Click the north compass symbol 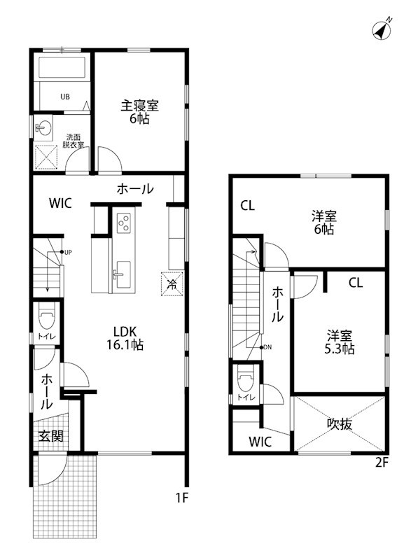381,31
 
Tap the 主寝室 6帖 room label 139,112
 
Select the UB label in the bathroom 64,97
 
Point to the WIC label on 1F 61,204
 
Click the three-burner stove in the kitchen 123,223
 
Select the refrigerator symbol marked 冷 172,283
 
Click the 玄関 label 50,436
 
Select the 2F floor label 381,462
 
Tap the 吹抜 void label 339,423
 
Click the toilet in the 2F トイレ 246,381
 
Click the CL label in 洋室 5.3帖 356,283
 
